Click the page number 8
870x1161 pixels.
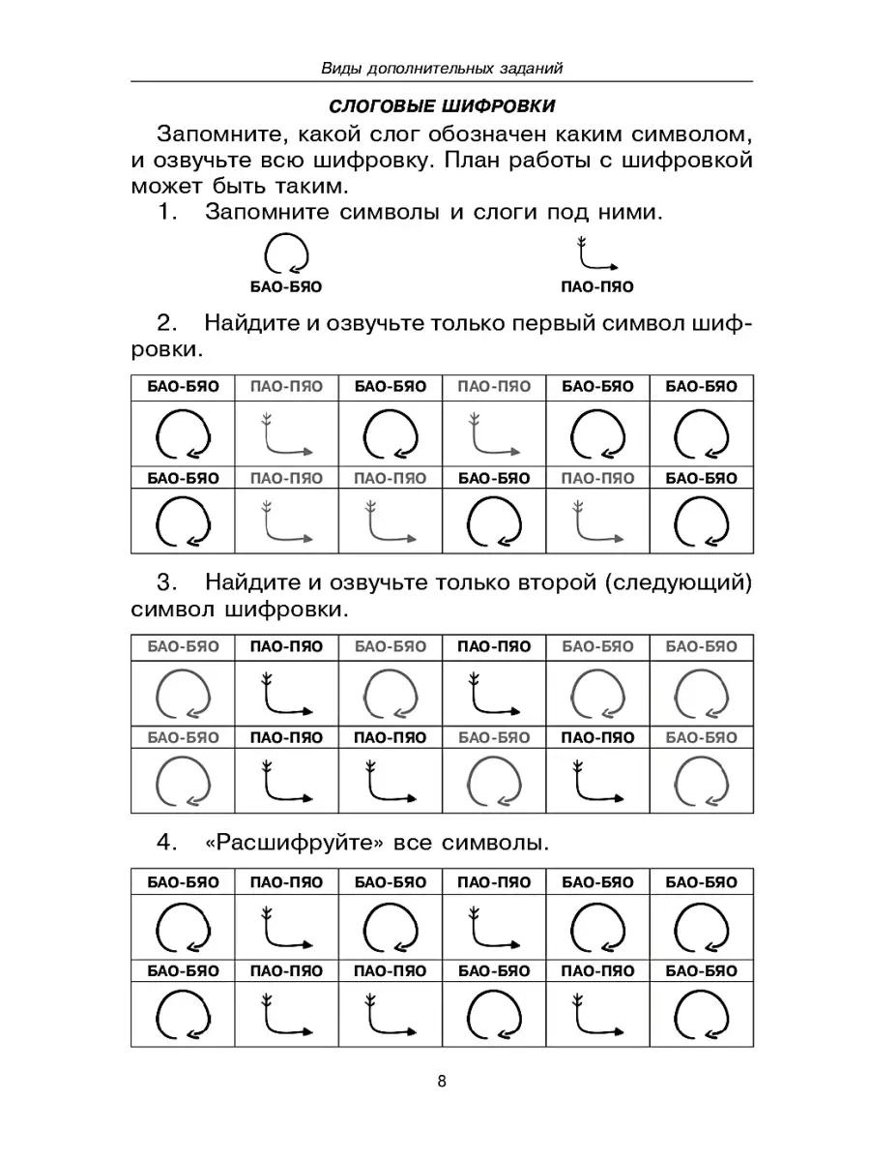point(442,1082)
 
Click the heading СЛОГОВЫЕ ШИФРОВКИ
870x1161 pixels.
point(442,104)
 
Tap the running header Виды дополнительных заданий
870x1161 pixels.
point(442,68)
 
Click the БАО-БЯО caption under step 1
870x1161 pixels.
point(286,287)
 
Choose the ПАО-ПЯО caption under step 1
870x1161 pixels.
point(597,287)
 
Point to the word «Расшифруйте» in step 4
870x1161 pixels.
point(296,843)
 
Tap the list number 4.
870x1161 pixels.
point(166,843)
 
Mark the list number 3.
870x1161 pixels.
point(166,583)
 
